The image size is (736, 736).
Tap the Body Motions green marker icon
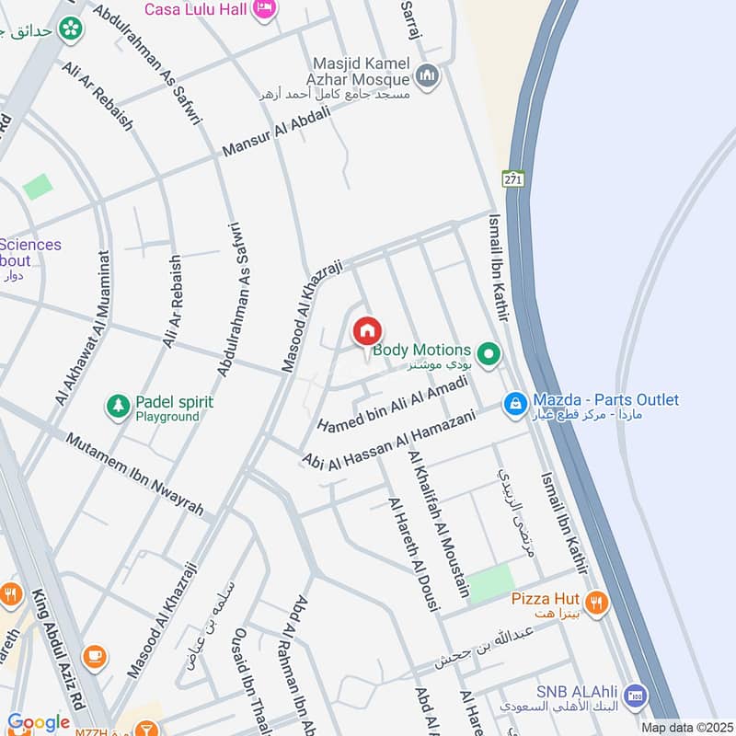(490, 352)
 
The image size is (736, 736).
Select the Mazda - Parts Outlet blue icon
(515, 402)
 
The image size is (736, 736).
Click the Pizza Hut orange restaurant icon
(596, 603)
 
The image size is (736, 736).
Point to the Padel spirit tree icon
(118, 405)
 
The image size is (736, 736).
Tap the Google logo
(38, 723)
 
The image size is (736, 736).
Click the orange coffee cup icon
(94, 657)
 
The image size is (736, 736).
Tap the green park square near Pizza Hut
(489, 583)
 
